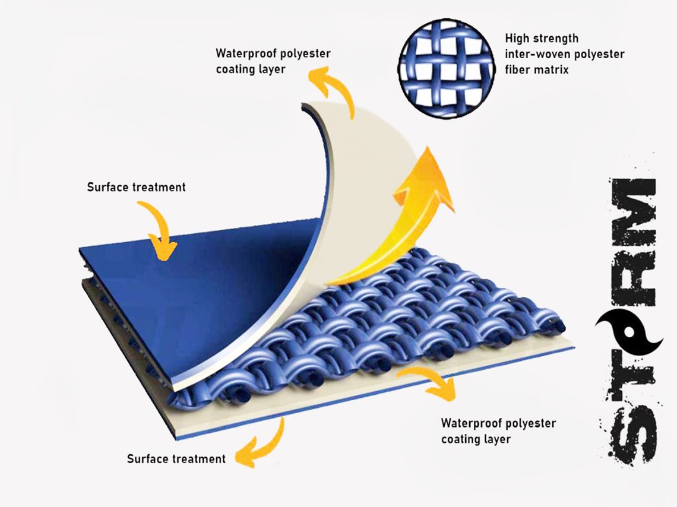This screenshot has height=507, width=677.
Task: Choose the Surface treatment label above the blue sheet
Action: [136, 187]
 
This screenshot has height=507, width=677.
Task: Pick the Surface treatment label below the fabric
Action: [176, 459]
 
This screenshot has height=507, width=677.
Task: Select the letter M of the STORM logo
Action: [629, 204]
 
